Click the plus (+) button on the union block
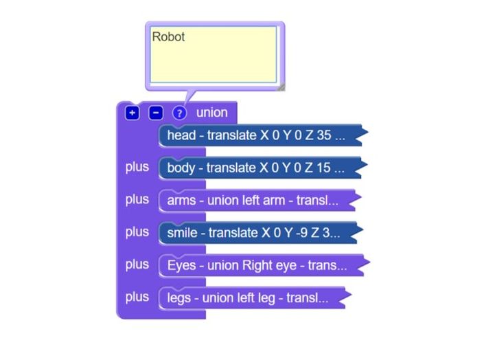click(x=132, y=113)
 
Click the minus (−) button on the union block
click(x=156, y=113)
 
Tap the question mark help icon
click(x=179, y=113)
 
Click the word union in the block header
click(x=211, y=113)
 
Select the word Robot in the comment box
click(x=168, y=37)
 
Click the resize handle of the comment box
click(x=281, y=87)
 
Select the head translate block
click(x=263, y=135)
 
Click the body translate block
click(x=263, y=168)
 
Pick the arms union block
click(x=260, y=201)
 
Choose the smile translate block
click(x=261, y=233)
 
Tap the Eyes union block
click(x=264, y=265)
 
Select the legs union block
click(x=255, y=298)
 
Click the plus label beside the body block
click(x=137, y=167)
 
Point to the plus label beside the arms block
click(x=137, y=200)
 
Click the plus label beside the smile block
click(x=137, y=232)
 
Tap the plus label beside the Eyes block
click(x=137, y=265)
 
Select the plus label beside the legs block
click(x=137, y=297)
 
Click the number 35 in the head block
click(x=324, y=135)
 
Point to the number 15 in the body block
click(x=323, y=168)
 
